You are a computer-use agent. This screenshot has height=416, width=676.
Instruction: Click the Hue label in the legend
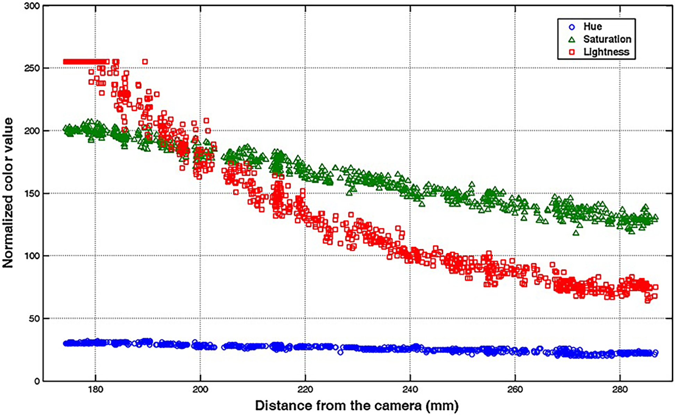click(592, 27)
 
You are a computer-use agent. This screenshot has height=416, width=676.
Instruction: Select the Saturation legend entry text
click(607, 39)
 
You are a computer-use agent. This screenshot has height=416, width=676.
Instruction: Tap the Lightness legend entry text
click(606, 52)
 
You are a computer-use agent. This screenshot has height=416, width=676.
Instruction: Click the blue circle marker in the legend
click(572, 27)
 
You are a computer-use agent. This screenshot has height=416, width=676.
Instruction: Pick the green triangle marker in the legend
click(572, 40)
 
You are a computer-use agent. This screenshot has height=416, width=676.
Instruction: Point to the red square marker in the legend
click(572, 52)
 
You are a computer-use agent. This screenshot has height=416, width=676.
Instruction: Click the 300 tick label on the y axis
click(32, 6)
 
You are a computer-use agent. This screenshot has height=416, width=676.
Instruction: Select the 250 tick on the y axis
click(32, 68)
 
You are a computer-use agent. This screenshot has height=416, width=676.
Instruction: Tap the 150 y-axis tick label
click(32, 194)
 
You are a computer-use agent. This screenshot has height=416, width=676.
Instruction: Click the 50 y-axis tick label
click(34, 319)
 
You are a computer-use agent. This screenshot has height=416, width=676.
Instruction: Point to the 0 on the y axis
click(37, 381)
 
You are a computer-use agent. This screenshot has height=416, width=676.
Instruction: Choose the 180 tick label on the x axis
click(95, 390)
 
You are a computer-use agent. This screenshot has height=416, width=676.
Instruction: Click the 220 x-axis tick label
click(305, 390)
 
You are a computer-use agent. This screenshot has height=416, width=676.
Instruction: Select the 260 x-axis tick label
click(515, 390)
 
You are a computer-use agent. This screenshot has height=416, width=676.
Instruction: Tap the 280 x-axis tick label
click(620, 390)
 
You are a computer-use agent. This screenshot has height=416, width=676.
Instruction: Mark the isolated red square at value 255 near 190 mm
click(145, 62)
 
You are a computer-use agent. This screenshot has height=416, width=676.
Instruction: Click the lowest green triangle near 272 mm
click(576, 233)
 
